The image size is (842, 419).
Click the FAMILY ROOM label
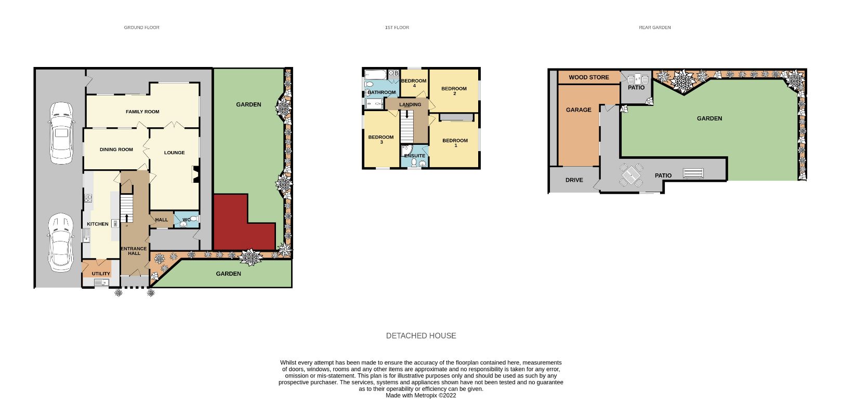point(142,112)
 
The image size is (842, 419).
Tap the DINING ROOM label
point(116,150)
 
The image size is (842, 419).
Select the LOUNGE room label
point(175,153)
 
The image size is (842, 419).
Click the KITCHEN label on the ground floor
point(98,224)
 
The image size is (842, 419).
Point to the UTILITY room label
point(101,274)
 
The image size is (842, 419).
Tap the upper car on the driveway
point(61,133)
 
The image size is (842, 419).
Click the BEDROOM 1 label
point(455,143)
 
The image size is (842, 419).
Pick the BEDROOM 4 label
point(414,83)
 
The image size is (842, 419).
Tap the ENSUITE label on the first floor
point(415,156)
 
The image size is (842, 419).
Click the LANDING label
point(410,105)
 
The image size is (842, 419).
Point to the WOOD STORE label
point(589,77)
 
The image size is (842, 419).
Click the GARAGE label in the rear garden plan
point(578,110)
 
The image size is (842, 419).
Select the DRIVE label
point(574,180)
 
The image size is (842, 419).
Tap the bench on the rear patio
point(693,173)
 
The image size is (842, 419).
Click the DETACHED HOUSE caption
point(421,336)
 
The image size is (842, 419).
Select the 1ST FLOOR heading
point(397,28)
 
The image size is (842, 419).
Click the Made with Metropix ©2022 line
point(421,396)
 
